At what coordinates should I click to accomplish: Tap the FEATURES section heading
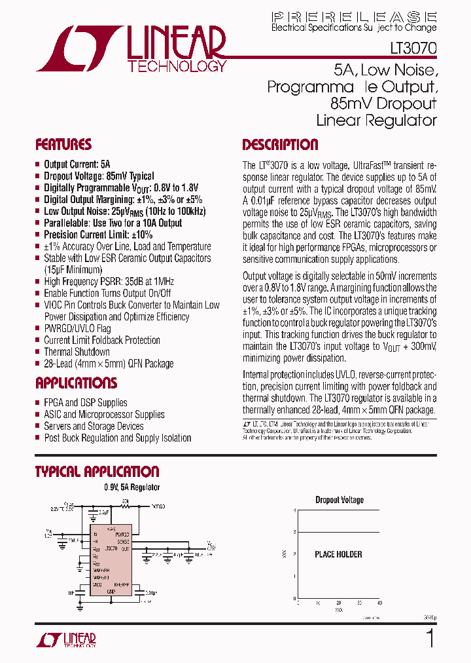coord(63,145)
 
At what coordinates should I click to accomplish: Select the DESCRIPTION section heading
coord(280,145)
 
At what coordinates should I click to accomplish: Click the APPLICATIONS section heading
coord(76,383)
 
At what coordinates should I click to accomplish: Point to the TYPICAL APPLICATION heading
coord(97,472)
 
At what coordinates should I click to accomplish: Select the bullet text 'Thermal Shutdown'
coord(77,352)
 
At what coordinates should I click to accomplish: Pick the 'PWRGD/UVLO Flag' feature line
coord(77,328)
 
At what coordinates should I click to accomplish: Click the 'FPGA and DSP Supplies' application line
coord(86,403)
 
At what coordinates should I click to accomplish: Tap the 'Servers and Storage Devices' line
coord(94,426)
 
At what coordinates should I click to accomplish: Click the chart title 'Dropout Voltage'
coord(340,500)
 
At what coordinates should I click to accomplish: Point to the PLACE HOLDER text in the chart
coord(338,554)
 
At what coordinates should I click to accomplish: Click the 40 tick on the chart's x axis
coord(379,603)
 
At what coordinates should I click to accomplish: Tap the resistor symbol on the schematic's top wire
coord(125,506)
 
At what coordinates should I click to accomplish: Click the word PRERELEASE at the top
coord(354,16)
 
